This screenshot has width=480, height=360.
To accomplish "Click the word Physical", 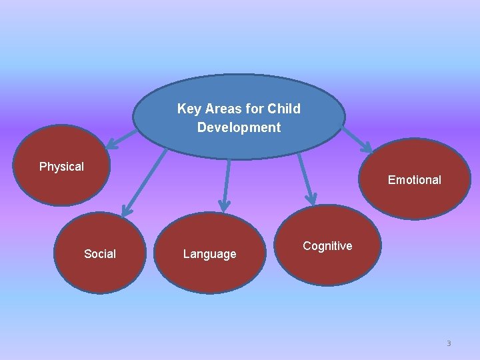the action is [61, 167].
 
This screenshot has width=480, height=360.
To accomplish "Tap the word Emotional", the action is [414, 180].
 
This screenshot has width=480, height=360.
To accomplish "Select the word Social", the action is [100, 254].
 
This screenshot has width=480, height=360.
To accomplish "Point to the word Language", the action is [209, 254].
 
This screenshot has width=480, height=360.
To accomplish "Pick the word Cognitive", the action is [327, 246].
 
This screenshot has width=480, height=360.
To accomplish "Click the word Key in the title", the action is [189, 109].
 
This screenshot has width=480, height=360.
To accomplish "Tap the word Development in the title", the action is [239, 127].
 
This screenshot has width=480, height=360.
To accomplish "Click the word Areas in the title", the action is [223, 109].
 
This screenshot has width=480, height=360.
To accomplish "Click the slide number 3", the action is [449, 343].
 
